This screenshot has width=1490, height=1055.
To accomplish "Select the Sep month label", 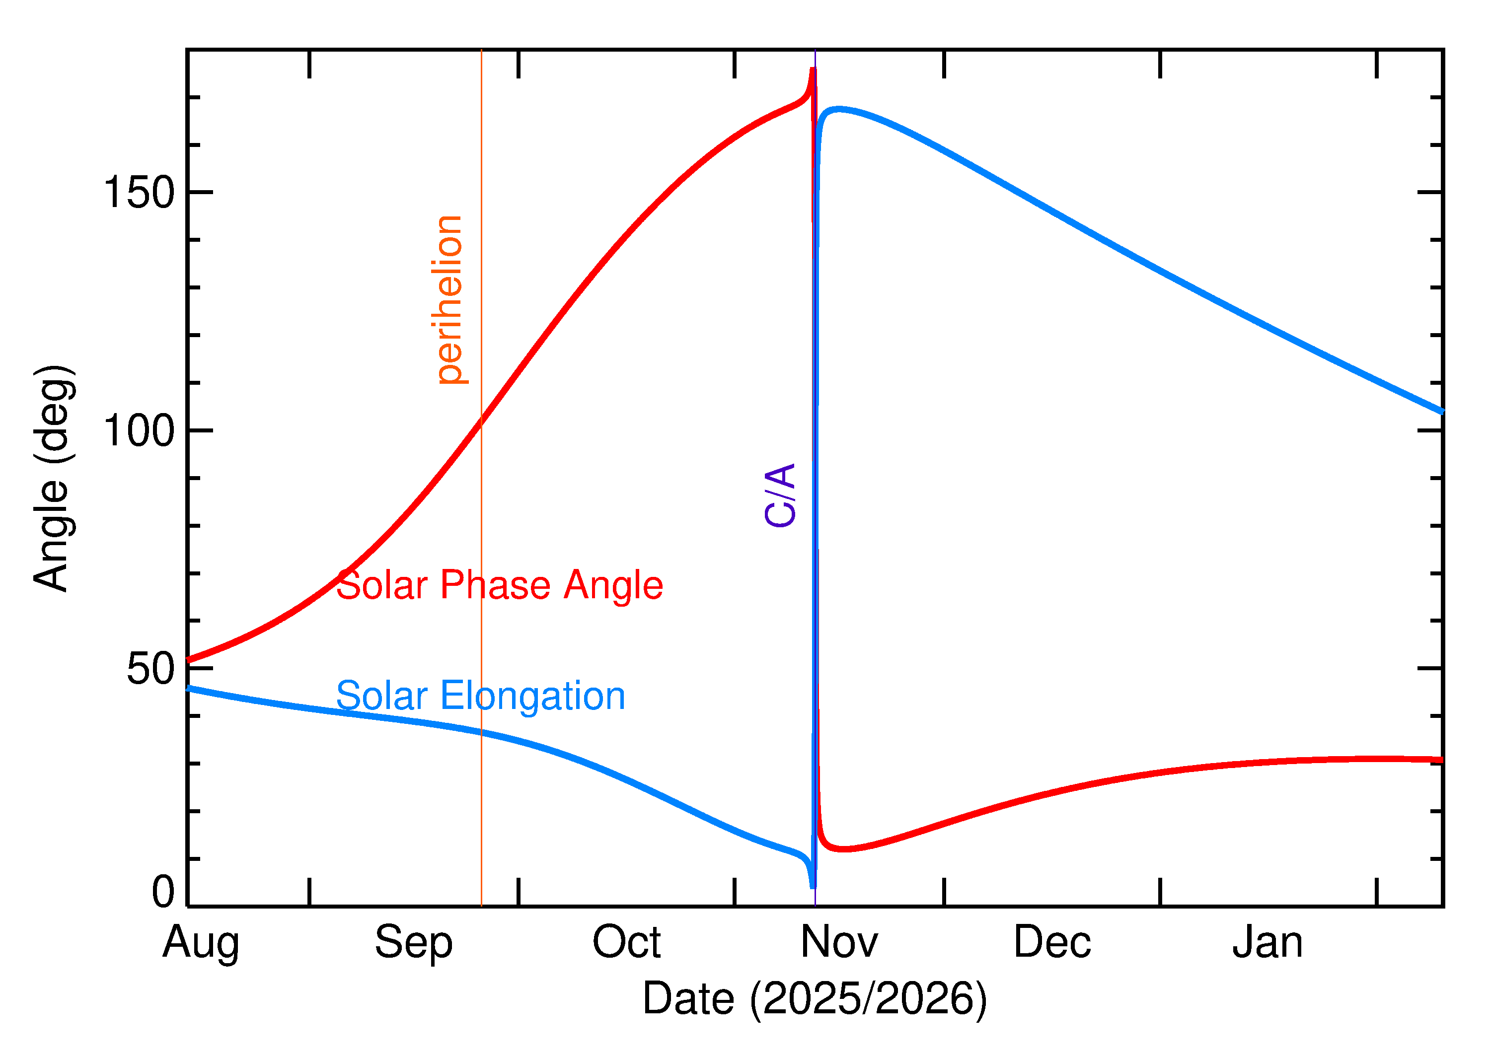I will [x=413, y=943].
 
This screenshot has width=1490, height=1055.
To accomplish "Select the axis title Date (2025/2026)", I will [x=814, y=998].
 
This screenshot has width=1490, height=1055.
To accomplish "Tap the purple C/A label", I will [x=780, y=495].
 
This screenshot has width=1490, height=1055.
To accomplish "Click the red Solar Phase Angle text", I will [x=499, y=585].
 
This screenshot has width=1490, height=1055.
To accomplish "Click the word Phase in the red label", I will [x=496, y=585].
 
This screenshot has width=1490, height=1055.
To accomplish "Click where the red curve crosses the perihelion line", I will [x=481, y=422].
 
